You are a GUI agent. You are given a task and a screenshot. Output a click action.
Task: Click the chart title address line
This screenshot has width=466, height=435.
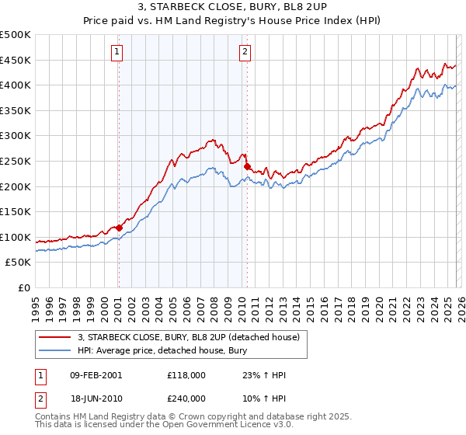click(233, 9)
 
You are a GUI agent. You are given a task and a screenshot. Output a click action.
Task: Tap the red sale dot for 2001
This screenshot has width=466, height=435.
click(119, 228)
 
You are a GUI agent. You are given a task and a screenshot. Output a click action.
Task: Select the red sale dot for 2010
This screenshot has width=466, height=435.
click(247, 166)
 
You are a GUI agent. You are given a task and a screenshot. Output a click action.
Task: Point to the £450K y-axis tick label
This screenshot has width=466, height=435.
click(16, 60)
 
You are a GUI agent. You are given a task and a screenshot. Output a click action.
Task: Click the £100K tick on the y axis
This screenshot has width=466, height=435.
click(16, 237)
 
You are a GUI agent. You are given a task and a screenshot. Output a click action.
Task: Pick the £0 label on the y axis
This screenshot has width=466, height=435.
click(23, 287)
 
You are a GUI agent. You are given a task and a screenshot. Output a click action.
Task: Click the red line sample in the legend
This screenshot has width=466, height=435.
click(56, 337)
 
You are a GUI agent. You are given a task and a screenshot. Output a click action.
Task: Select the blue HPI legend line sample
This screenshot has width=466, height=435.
click(56, 350)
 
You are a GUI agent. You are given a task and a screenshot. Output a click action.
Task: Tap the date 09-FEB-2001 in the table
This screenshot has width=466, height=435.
click(96, 375)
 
